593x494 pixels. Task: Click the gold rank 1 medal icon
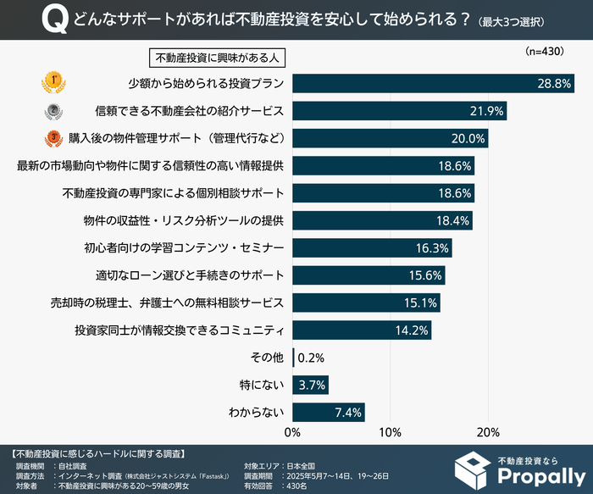[53, 83]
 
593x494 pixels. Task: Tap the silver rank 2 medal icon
[53, 110]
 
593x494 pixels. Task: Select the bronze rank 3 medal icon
[53, 137]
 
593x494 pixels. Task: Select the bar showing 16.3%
[372, 247]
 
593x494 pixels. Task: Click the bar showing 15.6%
[369, 275]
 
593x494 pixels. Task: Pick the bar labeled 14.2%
[362, 330]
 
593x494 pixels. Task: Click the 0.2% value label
[311, 358]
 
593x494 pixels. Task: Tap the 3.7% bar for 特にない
[310, 386]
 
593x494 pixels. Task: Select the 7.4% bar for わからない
[328, 413]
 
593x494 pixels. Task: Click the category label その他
[265, 358]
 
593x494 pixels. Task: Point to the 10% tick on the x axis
[390, 433]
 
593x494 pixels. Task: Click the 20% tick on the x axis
[487, 433]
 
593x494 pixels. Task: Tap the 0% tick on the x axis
[292, 433]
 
